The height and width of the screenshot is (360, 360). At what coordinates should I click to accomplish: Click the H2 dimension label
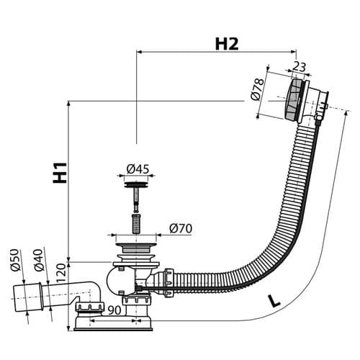[x=227, y=44]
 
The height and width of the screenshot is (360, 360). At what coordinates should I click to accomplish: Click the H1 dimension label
[x=60, y=173]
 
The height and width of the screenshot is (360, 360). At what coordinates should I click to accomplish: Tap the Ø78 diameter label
[x=257, y=89]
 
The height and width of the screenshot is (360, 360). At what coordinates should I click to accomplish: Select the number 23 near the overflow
[x=300, y=67]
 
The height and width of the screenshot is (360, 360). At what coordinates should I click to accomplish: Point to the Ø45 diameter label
[x=138, y=169]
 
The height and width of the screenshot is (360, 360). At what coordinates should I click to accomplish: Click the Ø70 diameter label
[x=181, y=228]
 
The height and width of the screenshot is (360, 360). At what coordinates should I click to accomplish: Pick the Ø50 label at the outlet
[x=14, y=260]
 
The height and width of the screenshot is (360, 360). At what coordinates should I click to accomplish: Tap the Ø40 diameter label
[x=38, y=261]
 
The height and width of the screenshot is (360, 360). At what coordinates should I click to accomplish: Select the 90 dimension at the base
[x=114, y=310]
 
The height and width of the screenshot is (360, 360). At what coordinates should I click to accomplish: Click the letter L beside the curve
[x=274, y=301]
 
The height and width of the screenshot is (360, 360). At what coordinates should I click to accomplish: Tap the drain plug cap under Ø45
[x=136, y=185]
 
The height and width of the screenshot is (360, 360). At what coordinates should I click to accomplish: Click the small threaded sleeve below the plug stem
[x=136, y=224]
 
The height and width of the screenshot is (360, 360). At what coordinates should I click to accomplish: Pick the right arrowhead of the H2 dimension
[x=294, y=51]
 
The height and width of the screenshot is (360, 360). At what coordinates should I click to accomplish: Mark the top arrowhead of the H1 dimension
[x=68, y=104]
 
